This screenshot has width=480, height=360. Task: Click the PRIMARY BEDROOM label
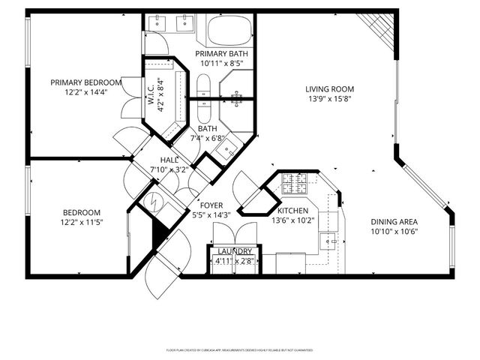coord(85,82)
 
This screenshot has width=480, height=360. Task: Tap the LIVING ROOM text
coord(329,89)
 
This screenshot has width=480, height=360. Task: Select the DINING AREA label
coord(394,222)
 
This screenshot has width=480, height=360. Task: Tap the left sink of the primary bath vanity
coord(157,23)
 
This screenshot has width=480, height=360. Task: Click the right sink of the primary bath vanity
coord(183,23)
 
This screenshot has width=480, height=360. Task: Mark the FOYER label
coord(211,204)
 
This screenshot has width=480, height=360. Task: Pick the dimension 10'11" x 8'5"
coord(221,64)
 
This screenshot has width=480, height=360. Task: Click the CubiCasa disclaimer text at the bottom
coord(239,350)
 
